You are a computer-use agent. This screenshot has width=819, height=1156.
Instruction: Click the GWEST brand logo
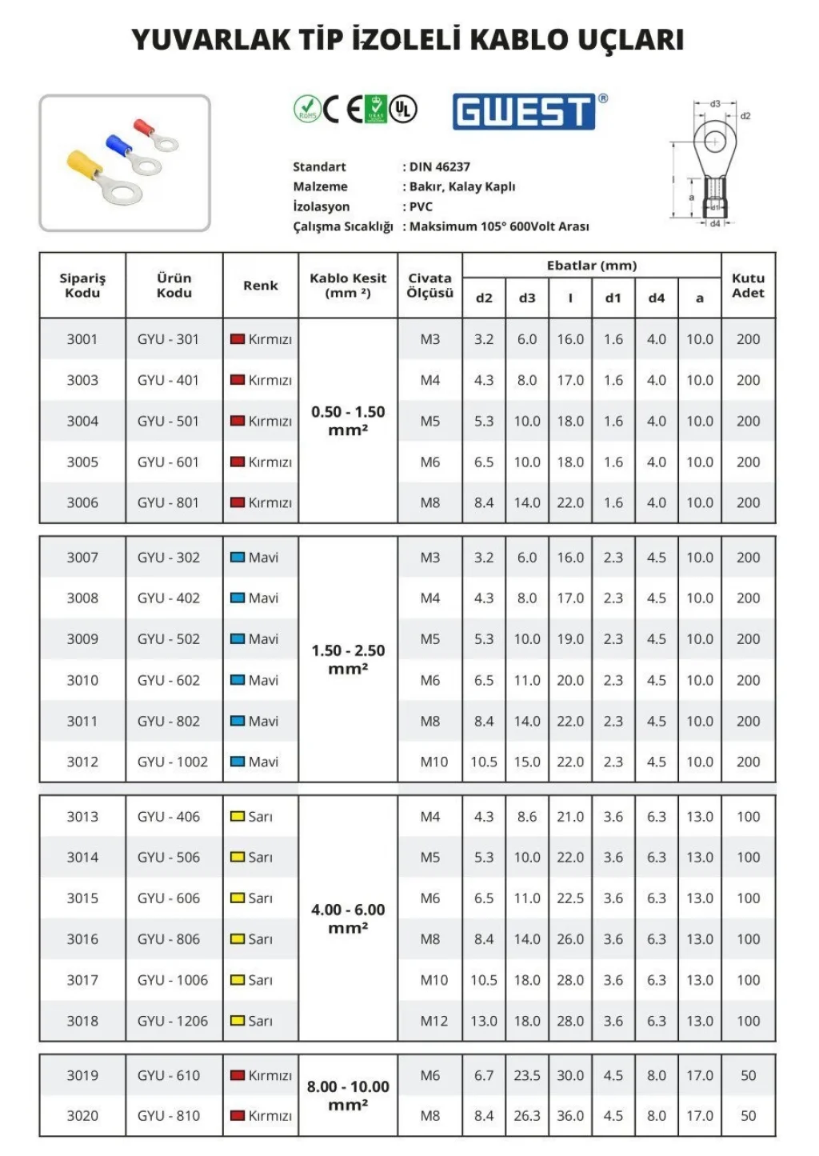(524, 111)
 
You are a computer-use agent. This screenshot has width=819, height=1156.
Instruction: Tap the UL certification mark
(404, 109)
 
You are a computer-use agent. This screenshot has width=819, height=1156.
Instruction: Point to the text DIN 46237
(439, 166)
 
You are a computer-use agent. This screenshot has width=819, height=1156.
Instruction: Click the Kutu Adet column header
(748, 286)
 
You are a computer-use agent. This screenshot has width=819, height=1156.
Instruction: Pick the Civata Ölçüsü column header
(429, 286)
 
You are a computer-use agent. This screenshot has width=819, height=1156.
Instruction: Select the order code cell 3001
(82, 339)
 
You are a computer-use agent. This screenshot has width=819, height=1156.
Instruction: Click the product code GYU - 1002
(172, 762)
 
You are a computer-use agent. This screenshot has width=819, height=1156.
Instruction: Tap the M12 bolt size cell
(434, 1021)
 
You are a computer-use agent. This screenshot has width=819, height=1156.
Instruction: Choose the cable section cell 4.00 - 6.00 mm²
(348, 918)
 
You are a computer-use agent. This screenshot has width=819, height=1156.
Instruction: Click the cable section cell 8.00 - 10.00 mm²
(348, 1095)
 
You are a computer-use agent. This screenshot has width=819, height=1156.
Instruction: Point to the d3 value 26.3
(527, 1115)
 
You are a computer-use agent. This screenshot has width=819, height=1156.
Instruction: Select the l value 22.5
(570, 898)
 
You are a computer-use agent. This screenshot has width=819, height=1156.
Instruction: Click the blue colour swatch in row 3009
(238, 639)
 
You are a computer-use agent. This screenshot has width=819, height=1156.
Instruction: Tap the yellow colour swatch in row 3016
(238, 939)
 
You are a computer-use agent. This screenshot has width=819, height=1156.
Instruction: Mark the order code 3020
(82, 1115)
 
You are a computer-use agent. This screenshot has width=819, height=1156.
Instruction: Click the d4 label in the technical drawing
(715, 224)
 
